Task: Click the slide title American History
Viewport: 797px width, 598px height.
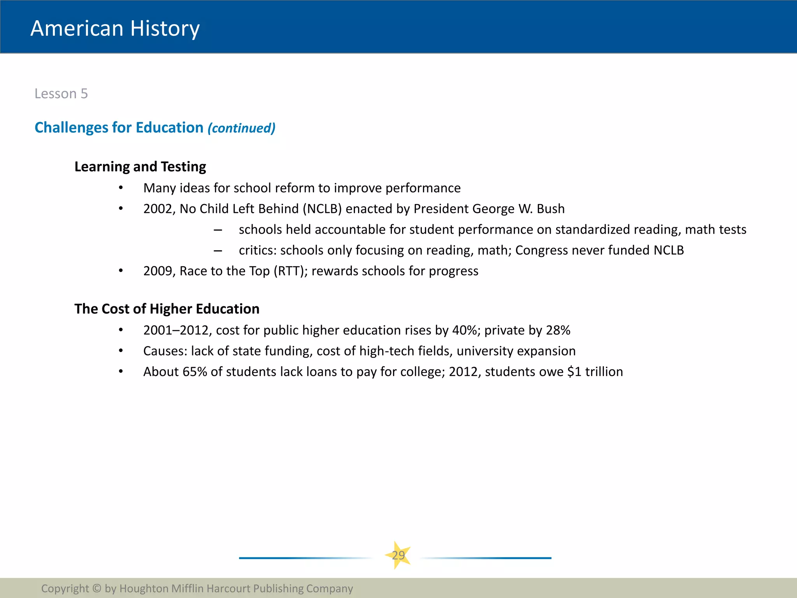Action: [x=115, y=28]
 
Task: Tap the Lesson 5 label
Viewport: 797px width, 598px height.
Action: [x=61, y=94]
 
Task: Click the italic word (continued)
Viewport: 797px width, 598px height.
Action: [x=241, y=128]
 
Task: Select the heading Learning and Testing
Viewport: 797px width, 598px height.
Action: [x=140, y=167]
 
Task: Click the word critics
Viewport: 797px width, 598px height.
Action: [x=257, y=250]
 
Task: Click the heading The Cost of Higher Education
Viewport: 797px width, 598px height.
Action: [x=167, y=309]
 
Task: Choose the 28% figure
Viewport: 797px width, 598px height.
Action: [x=558, y=331]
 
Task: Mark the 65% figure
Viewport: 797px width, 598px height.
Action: [x=195, y=372]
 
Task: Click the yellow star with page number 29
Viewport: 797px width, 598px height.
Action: [x=398, y=555]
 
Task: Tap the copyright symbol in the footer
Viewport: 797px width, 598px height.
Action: [x=97, y=588]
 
